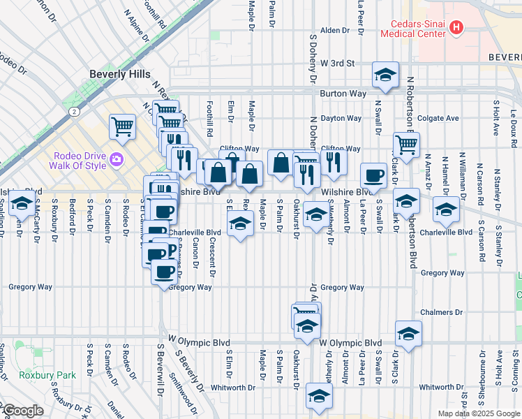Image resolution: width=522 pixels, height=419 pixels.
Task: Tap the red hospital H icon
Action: pyautogui.click(x=456, y=27)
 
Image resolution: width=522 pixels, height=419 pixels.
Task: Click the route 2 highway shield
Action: pyautogui.click(x=73, y=110)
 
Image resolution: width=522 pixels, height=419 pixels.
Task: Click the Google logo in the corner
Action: pyautogui.click(x=22, y=411)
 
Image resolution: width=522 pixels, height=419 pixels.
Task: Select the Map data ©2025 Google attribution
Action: pyautogui.click(x=477, y=413)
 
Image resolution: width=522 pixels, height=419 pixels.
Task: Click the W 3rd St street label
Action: pyautogui.click(x=338, y=63)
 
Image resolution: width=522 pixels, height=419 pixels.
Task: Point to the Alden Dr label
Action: pyautogui.click(x=334, y=30)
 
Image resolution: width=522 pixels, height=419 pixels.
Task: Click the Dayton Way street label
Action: pyautogui.click(x=342, y=118)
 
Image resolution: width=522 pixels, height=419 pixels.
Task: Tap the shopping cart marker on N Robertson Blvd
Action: pyautogui.click(x=405, y=145)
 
